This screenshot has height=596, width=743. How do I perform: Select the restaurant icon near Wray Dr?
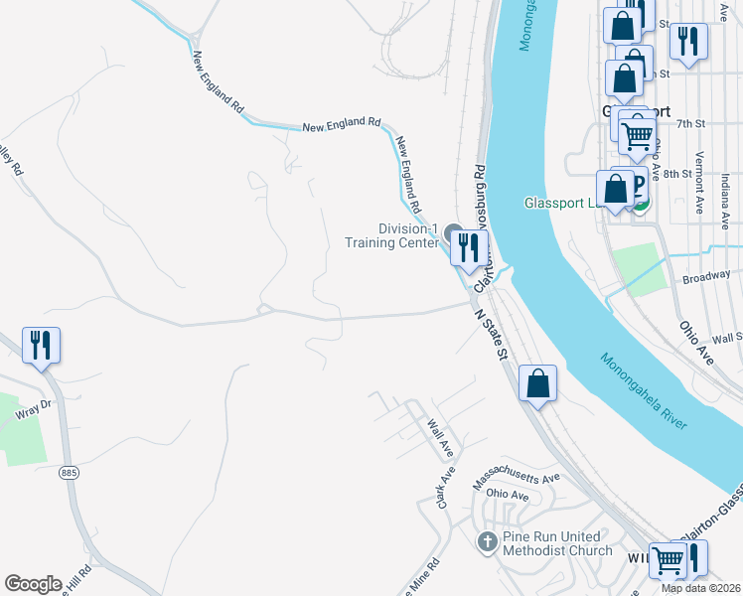point(42,345)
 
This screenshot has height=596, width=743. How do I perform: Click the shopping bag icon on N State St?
point(537,383)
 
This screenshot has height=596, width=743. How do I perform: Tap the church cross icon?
point(487,542)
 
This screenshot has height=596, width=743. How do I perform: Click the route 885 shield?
point(68,472)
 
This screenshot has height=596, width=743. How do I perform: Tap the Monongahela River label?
point(642,391)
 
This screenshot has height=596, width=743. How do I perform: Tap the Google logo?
point(33,584)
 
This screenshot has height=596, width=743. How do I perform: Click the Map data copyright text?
point(701,588)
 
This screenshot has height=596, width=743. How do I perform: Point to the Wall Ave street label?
point(441,437)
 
